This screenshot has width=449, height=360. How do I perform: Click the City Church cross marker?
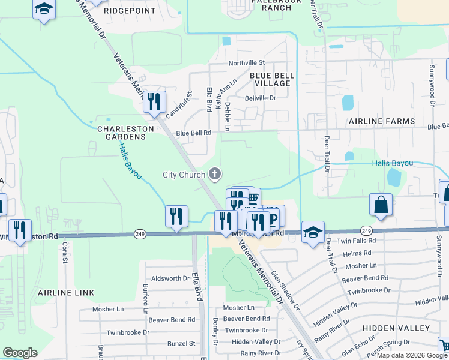[215, 175]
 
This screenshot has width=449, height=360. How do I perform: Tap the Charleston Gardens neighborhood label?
[122, 133]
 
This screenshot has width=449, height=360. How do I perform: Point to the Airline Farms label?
[382, 121]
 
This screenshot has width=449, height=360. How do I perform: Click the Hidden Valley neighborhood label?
[396, 328]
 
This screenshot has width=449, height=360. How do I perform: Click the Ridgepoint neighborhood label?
[130, 11]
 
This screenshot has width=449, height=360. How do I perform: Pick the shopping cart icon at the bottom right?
[444, 346]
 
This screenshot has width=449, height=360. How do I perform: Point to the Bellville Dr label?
[260, 98]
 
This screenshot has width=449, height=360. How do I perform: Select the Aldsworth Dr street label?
[170, 278]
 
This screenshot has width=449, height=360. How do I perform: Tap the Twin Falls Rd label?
[357, 240]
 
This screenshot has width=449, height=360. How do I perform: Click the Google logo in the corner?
[20, 353]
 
